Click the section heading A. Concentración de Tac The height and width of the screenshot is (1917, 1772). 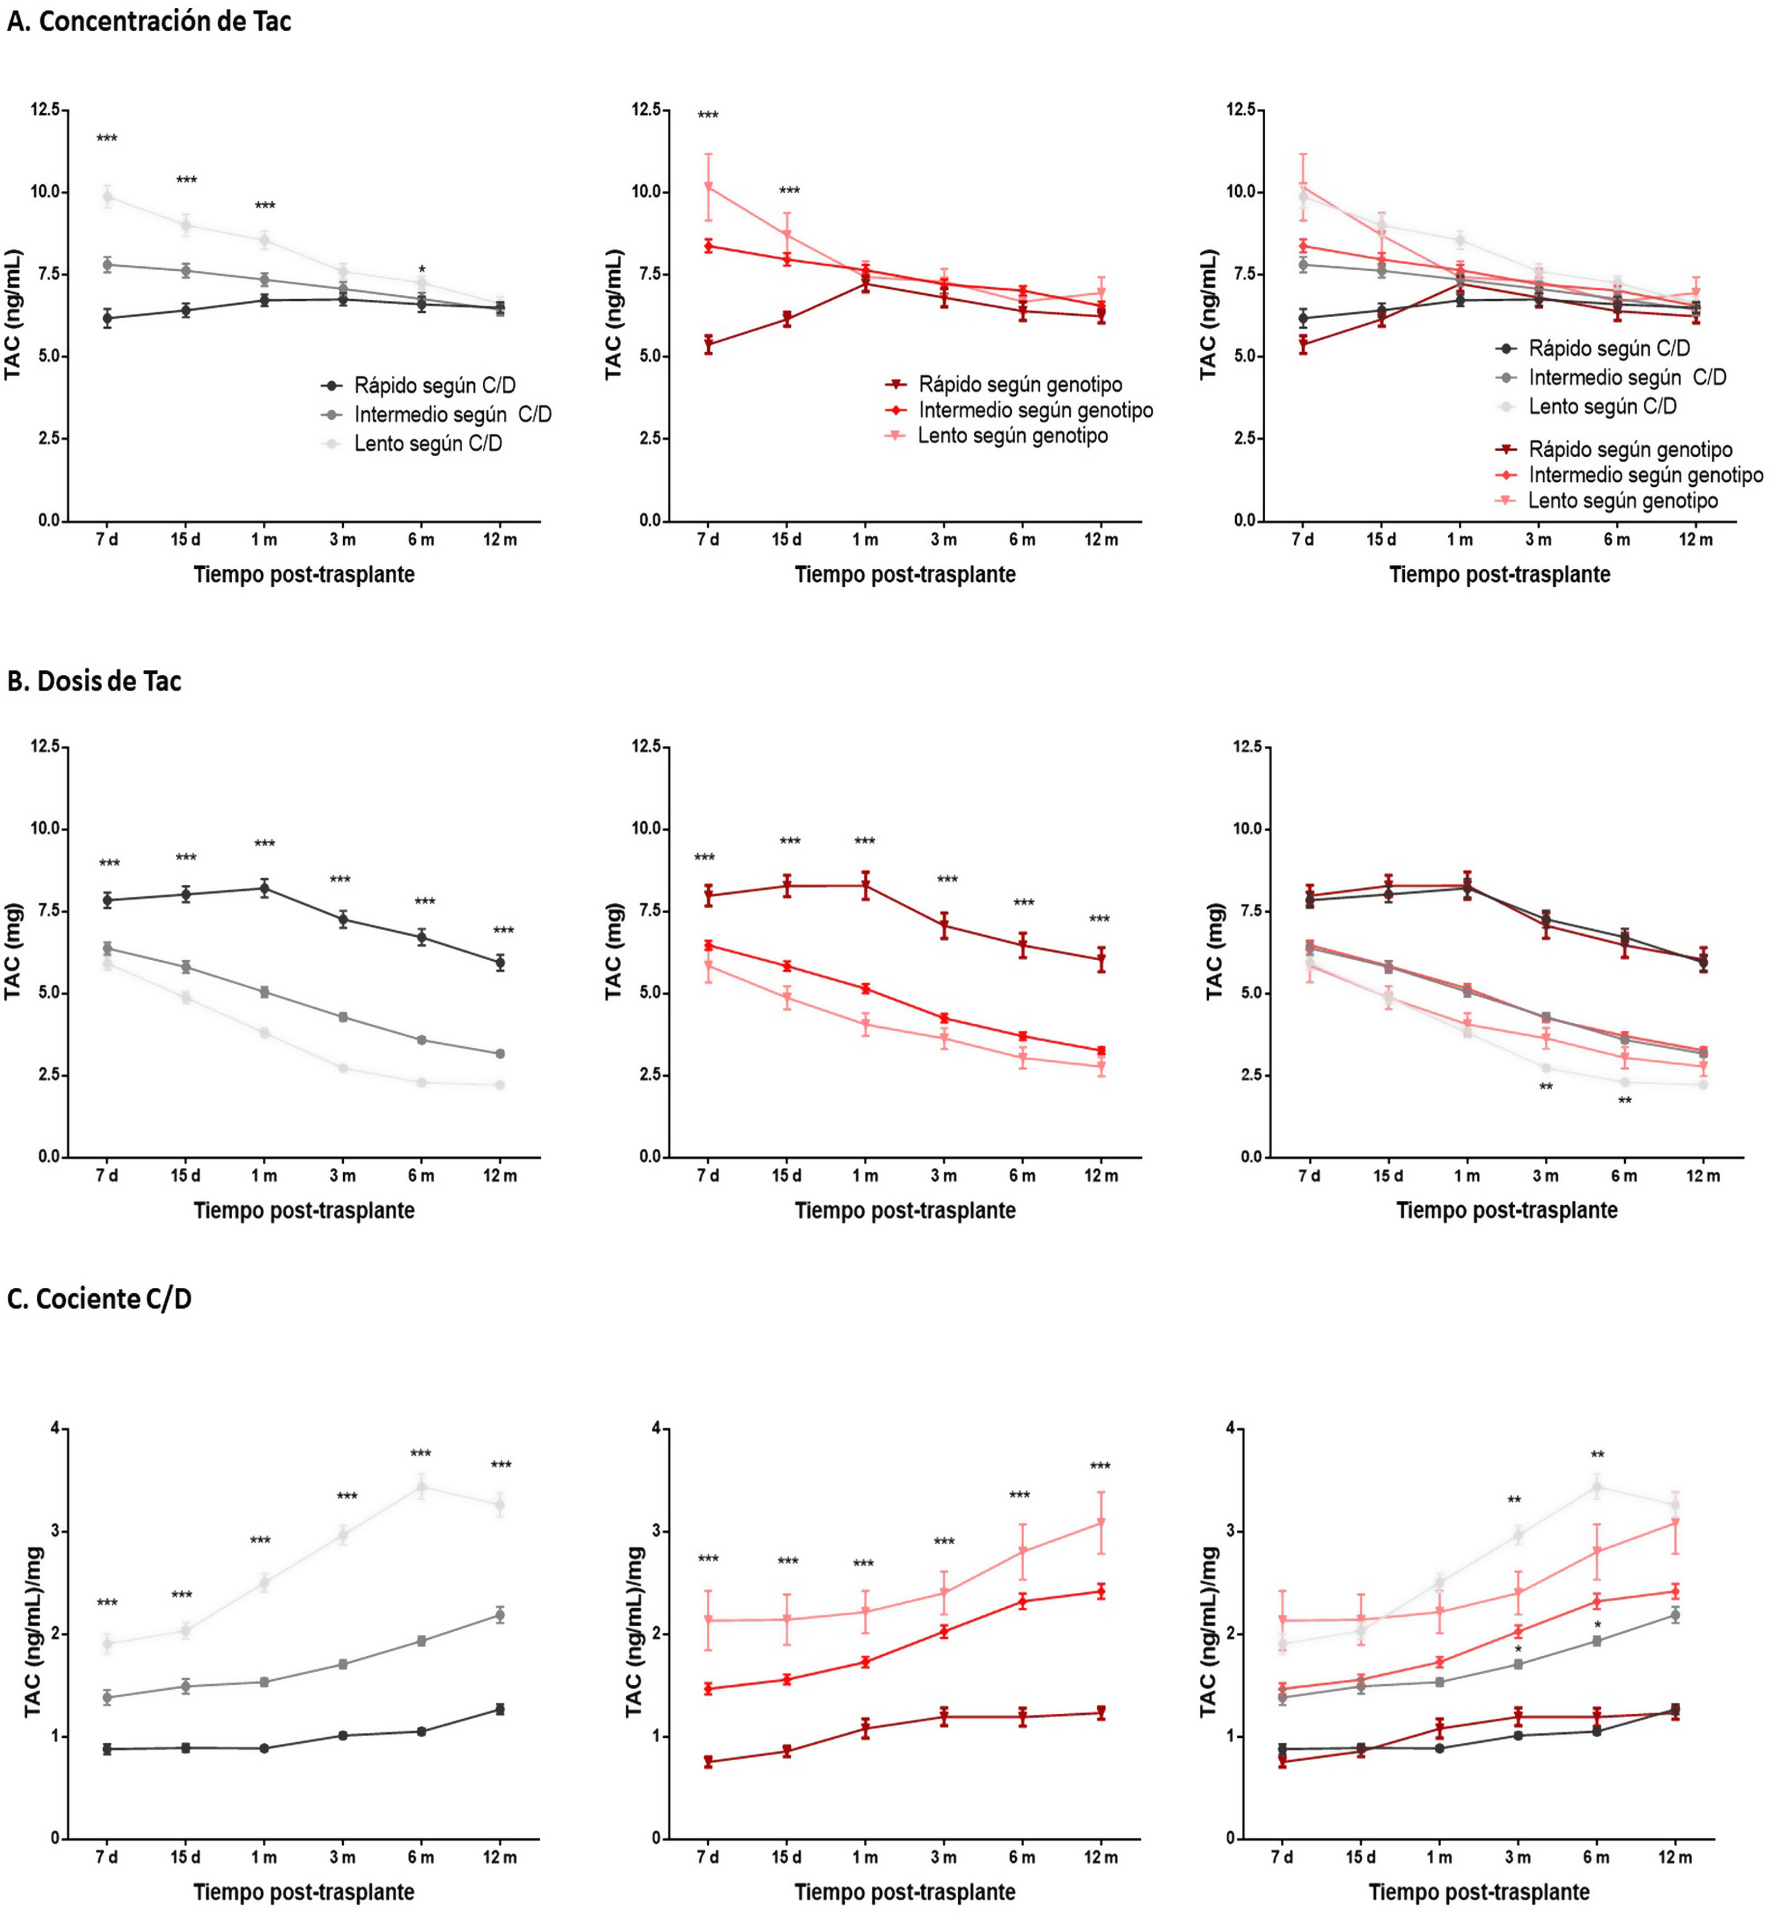148,21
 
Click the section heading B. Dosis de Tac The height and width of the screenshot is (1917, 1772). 94,681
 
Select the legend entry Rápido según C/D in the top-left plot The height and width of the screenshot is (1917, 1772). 434,386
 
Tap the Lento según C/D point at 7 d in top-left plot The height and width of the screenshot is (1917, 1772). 107,197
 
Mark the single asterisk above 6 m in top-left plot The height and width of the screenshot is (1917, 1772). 422,270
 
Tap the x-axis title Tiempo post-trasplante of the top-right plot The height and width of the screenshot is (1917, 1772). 1500,574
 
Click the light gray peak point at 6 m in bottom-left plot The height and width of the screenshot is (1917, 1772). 421,1487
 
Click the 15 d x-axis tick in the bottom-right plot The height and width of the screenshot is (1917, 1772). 1361,1857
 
